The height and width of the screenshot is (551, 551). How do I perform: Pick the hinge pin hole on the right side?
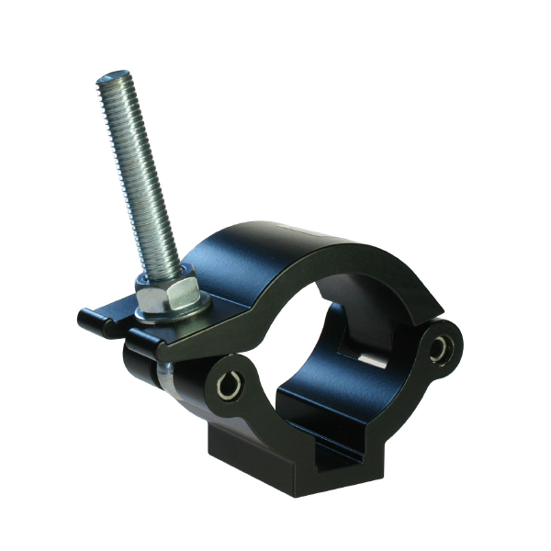tap(444, 347)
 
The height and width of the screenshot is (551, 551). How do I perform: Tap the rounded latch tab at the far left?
tap(90, 320)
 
